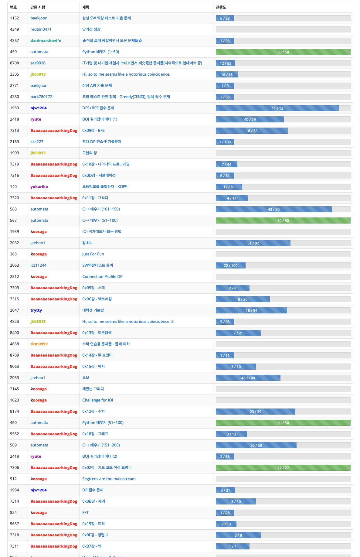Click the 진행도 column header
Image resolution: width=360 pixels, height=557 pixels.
tap(221, 7)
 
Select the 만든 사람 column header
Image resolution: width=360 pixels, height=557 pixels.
tap(38, 7)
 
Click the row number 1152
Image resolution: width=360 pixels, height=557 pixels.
tap(15, 18)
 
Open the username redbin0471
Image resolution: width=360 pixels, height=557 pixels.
tap(41, 29)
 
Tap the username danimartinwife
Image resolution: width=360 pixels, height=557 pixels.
tap(46, 41)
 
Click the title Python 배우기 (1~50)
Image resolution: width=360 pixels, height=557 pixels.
tap(100, 52)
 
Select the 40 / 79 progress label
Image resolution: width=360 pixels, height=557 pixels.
tap(250, 119)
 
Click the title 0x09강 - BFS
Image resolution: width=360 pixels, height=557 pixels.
tap(93, 131)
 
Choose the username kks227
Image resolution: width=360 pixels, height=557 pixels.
tap(37, 142)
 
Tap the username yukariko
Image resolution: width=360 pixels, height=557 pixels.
tap(39, 187)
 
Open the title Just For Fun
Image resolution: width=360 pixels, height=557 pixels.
tap(93, 254)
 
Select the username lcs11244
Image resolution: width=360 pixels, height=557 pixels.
tap(38, 265)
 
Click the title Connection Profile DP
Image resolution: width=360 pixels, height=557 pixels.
tap(102, 277)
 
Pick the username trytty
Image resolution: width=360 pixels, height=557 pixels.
tap(36, 310)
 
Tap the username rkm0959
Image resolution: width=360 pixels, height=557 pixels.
tap(39, 344)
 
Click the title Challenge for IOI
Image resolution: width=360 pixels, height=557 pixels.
tap(97, 400)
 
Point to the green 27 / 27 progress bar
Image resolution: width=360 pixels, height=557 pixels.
tap(283, 468)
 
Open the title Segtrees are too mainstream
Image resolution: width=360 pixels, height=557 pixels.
tap(109, 479)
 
